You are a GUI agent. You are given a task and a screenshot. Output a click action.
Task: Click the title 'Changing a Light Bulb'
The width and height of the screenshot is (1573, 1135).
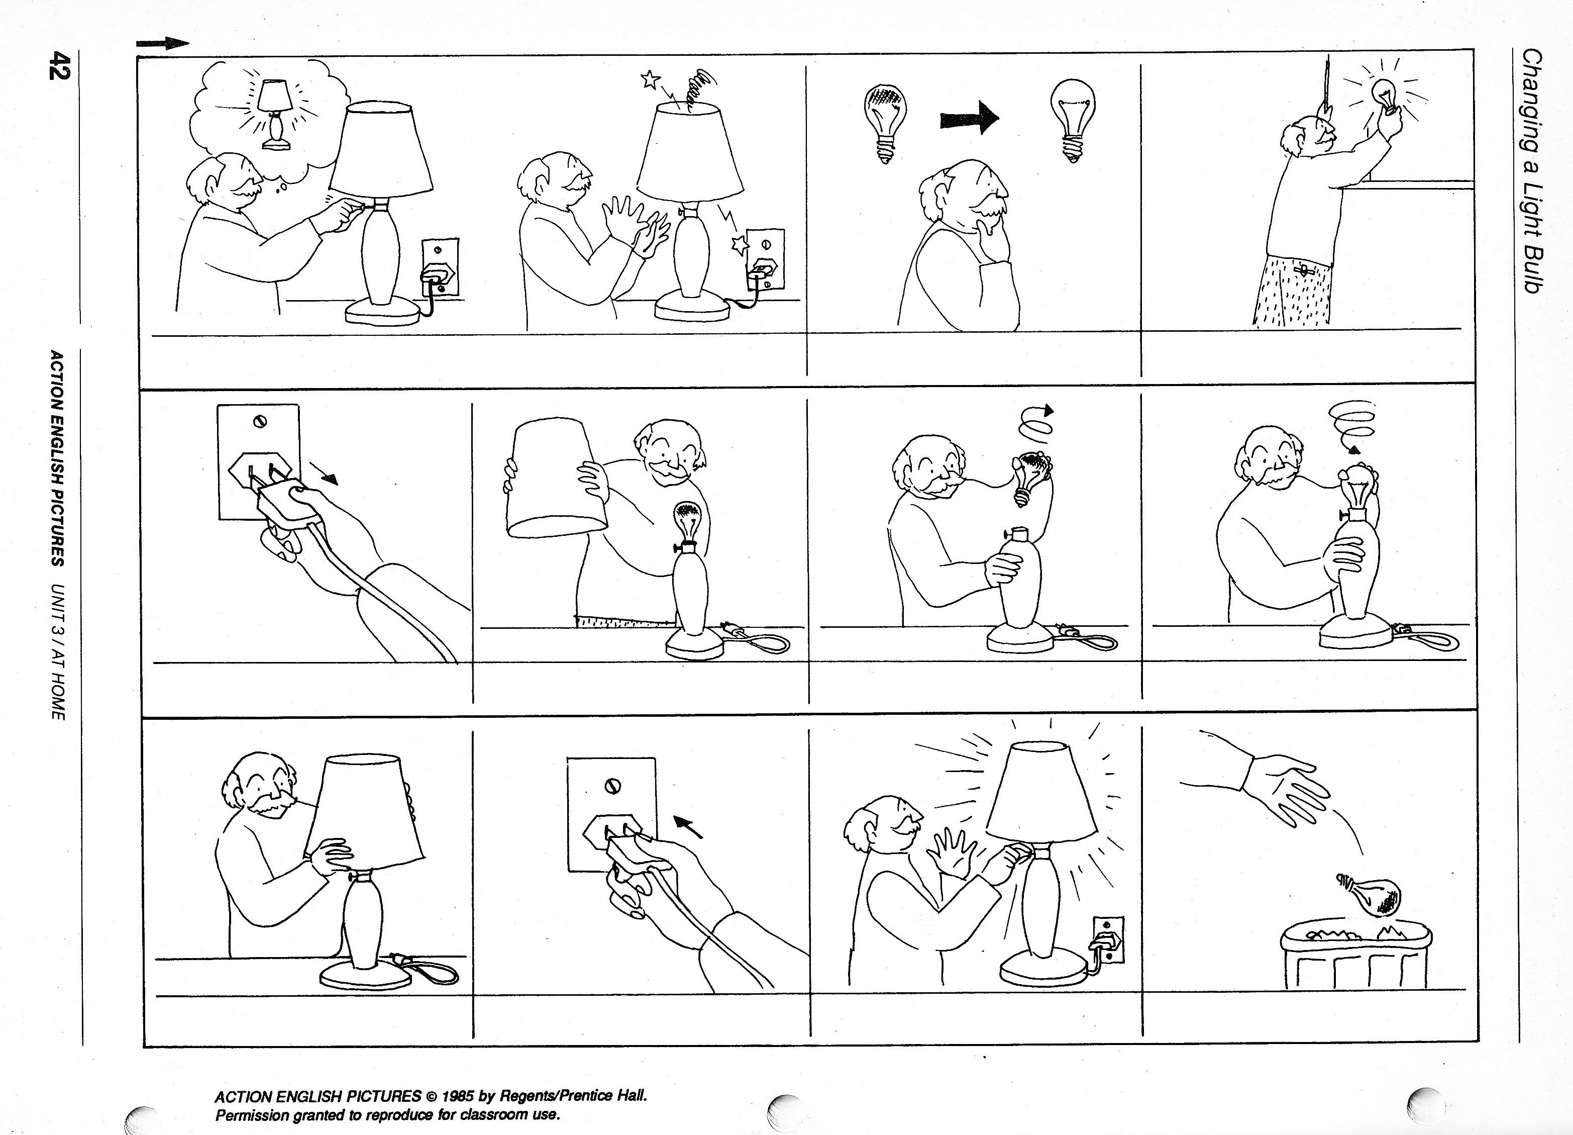tap(1531, 171)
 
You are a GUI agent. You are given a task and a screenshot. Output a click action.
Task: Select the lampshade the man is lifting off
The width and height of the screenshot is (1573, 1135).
tap(555, 479)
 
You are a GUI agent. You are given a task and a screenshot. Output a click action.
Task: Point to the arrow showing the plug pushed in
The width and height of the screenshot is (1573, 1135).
tap(689, 826)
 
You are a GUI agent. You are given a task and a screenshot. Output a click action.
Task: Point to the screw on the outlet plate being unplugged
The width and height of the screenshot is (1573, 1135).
tap(259, 421)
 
